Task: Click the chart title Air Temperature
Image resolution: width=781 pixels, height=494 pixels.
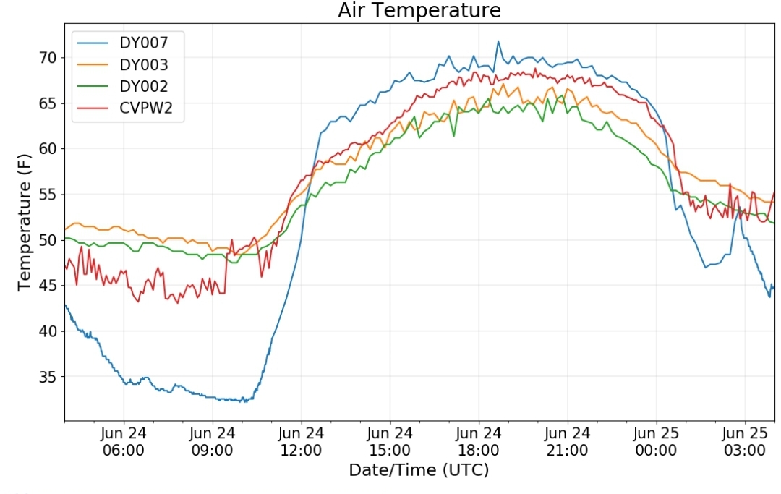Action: click(419, 10)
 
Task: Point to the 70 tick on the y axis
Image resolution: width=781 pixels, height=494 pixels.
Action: click(48, 58)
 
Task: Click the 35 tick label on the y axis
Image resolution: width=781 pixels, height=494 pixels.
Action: click(48, 377)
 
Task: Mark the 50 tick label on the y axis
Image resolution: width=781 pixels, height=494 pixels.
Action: click(48, 240)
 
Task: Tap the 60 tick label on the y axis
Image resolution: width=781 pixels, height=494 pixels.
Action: click(48, 149)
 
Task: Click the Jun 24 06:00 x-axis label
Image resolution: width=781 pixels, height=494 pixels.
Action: click(124, 442)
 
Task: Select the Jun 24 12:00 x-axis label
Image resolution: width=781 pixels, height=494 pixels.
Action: click(302, 442)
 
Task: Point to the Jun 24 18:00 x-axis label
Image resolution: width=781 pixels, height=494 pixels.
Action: click(479, 442)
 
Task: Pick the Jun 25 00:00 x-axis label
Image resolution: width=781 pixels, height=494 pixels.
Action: click(656, 442)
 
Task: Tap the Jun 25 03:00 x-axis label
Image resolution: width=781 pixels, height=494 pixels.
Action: click(745, 442)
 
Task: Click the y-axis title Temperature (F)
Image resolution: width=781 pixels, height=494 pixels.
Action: click(25, 223)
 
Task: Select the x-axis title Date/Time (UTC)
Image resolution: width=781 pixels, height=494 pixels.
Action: click(419, 470)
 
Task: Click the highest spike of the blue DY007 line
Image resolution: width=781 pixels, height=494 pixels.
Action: click(498, 41)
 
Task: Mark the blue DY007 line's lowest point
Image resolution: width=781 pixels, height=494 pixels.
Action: click(245, 401)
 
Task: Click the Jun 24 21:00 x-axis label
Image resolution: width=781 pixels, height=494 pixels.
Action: click(568, 442)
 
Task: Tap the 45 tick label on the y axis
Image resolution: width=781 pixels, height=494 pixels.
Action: click(48, 286)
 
